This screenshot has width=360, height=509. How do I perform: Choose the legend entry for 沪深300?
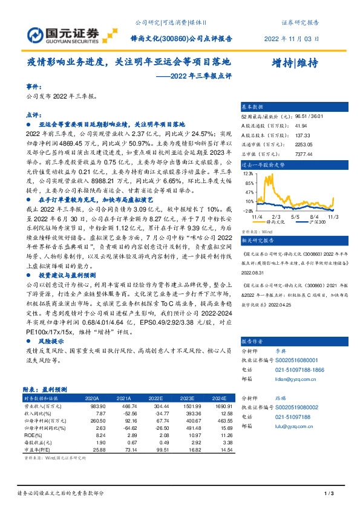click(315, 222)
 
